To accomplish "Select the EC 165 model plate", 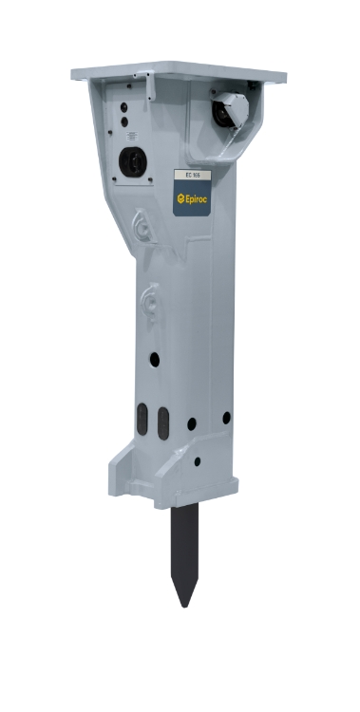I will (x=188, y=177).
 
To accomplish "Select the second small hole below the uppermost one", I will (x=124, y=121).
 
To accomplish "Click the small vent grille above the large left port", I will (x=125, y=135).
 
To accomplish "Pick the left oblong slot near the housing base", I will (x=142, y=419).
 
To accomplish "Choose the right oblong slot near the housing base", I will (x=162, y=419).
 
